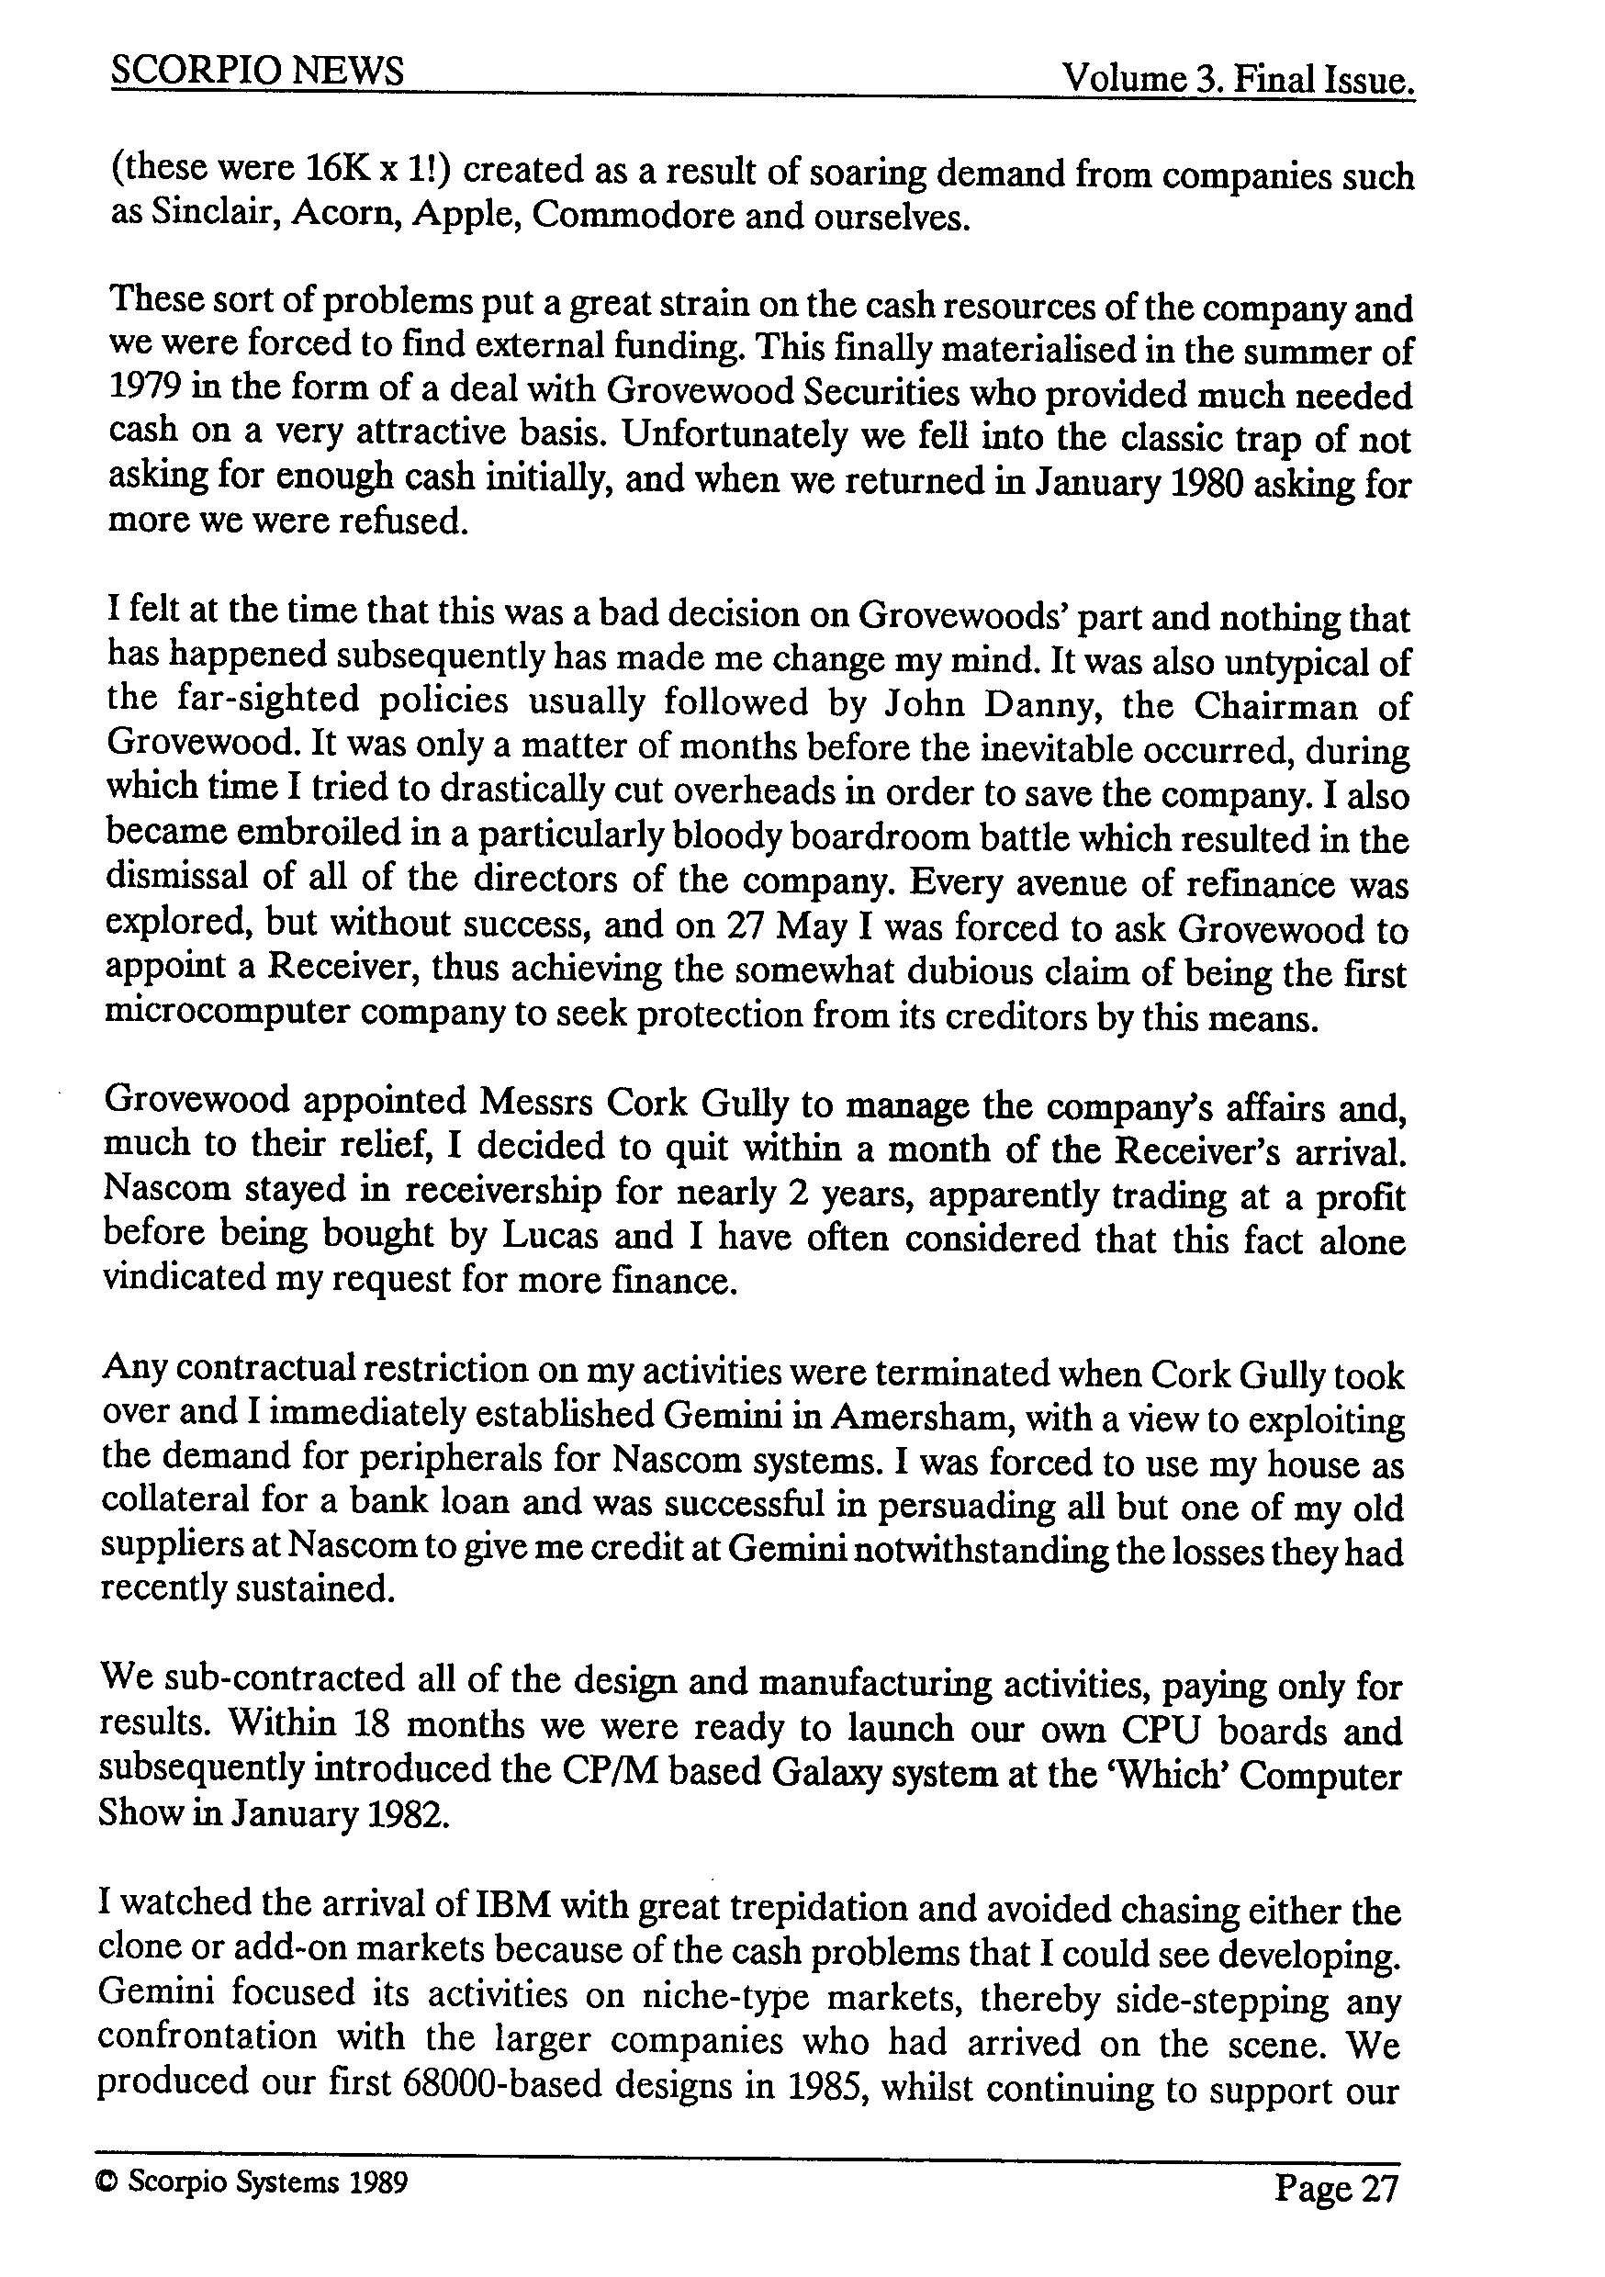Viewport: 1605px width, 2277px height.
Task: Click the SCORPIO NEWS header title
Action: tap(258, 72)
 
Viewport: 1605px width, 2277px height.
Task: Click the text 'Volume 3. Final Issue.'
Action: tap(1237, 79)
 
